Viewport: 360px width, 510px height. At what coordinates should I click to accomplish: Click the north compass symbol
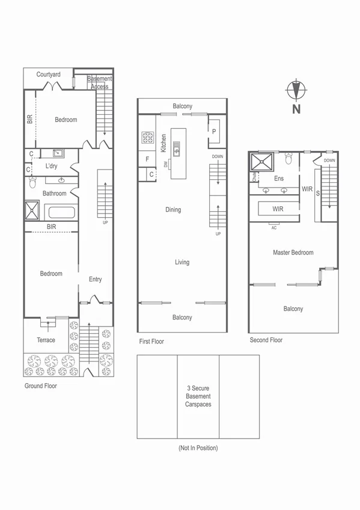pos(295,92)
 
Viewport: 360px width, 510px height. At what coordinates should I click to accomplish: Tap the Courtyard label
pos(48,75)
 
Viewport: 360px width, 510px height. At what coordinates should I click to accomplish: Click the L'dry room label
pos(51,166)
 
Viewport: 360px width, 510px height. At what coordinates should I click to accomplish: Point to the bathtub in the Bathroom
pos(60,212)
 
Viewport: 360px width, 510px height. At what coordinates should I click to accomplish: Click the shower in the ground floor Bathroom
pos(32,211)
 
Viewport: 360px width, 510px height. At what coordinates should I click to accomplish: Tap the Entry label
pos(95,279)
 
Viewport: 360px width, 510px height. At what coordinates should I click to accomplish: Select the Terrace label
pos(46,340)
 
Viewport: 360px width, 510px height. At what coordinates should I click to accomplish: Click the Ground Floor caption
pos(40,386)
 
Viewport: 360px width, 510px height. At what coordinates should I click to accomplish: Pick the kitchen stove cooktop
pos(147,138)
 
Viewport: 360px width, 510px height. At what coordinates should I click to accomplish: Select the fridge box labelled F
pos(147,159)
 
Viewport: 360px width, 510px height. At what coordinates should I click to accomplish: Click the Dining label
pos(173,210)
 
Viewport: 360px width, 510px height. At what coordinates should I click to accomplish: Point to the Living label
pos(182,262)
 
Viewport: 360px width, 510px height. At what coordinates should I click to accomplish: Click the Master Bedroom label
pos(293,253)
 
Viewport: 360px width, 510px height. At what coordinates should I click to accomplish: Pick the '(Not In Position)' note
pos(198,448)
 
